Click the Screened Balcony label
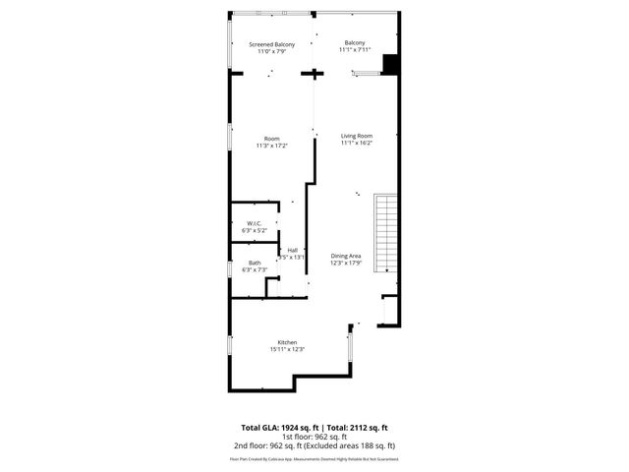point(272,44)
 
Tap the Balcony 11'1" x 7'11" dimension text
point(355,50)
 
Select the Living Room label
point(357,135)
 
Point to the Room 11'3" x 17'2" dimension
point(271,146)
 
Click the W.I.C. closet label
point(253,222)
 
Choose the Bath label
point(255,262)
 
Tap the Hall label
point(293,251)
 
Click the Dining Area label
point(345,255)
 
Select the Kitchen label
point(288,342)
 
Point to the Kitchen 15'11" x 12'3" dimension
point(288,349)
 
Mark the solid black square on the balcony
point(389,63)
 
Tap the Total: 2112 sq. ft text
point(356,428)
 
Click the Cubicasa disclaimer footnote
point(314,458)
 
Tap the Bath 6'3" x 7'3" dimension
point(255,268)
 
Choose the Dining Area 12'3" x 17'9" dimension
point(345,262)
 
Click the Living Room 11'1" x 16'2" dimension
point(357,143)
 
